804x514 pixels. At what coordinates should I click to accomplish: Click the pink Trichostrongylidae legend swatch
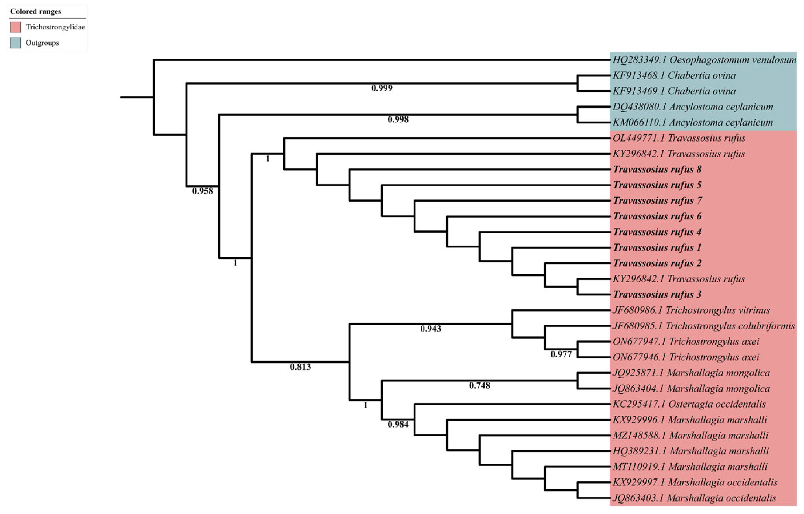click(15, 27)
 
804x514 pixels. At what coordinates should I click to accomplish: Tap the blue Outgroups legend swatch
click(15, 43)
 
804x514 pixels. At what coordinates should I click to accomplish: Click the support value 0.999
click(382, 88)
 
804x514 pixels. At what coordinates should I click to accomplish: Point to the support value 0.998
click(398, 119)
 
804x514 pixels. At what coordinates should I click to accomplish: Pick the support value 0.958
click(202, 191)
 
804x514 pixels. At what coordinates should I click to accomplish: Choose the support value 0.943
click(430, 329)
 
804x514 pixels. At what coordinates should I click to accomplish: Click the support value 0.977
click(561, 354)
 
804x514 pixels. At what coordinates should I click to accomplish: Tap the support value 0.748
click(479, 386)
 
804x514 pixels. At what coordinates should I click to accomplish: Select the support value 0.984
click(398, 425)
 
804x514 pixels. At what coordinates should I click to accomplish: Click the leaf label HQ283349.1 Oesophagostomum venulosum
click(704, 60)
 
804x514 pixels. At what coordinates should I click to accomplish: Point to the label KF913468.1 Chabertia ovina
click(674, 75)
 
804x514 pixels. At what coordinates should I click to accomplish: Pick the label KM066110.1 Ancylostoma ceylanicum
click(692, 122)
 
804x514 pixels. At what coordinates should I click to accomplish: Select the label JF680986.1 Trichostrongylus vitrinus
click(691, 310)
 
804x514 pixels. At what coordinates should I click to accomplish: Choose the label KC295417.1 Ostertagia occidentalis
click(689, 404)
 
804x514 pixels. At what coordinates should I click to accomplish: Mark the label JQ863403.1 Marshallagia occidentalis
click(694, 498)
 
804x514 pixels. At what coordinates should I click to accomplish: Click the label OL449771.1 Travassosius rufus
click(679, 138)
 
